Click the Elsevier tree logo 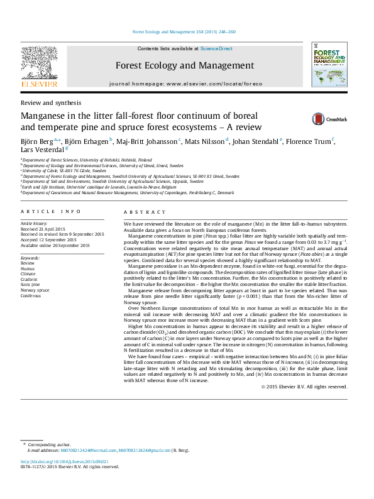pos(39,63)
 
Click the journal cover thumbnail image pos(329,65)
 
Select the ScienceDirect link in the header pos(216,48)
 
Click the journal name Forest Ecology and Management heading pos(184,65)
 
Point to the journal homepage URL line pos(185,84)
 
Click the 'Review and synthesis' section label pos(51,102)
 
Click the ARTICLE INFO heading pos(50,212)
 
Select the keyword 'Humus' pos(29,268)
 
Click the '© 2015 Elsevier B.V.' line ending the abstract pos(304,387)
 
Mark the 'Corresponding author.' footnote pos(50,444)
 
